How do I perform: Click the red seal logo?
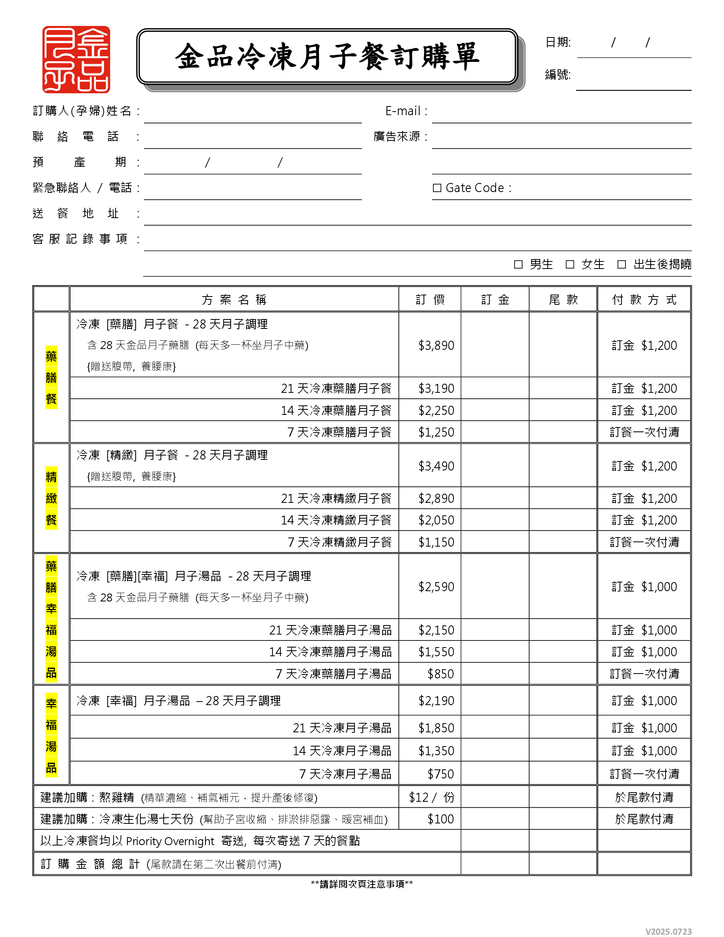(x=76, y=59)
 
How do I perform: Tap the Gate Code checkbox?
(x=437, y=188)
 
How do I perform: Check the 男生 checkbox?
(x=518, y=264)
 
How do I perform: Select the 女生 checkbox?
(x=569, y=264)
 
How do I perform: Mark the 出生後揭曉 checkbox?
(x=621, y=264)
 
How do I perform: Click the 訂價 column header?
(x=430, y=299)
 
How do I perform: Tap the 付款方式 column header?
(x=644, y=299)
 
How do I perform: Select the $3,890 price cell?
(x=436, y=345)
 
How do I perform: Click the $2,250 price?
(x=436, y=411)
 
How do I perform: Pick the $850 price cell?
(x=440, y=674)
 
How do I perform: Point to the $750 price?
(x=440, y=774)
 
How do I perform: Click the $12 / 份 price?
(x=431, y=797)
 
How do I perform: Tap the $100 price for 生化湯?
(x=440, y=819)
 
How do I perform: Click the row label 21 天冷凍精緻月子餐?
(x=336, y=498)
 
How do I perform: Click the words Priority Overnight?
(x=170, y=841)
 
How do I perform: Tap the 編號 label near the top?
(x=558, y=75)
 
